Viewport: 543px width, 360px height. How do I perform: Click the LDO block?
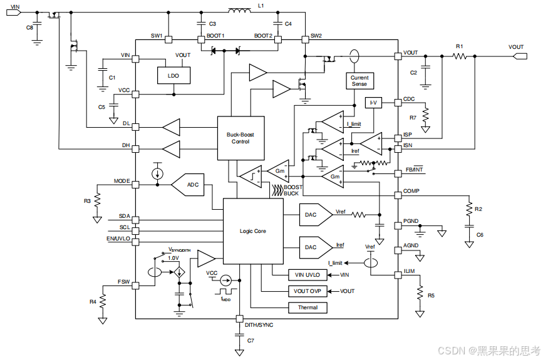tap(173, 76)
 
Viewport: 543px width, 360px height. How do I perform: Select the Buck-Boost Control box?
tap(240, 138)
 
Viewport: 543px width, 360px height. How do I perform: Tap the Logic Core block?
tap(253, 231)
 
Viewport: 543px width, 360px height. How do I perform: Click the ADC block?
tap(188, 185)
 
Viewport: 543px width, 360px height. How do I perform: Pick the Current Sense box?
tap(359, 81)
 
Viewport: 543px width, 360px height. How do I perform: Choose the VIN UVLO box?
tap(308, 275)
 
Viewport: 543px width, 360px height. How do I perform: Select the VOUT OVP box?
tap(308, 291)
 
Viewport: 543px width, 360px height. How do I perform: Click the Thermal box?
tap(308, 307)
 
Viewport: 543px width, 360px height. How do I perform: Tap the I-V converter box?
tap(373, 103)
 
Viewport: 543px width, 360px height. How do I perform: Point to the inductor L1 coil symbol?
tap(239, 11)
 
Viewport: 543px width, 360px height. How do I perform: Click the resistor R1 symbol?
tap(460, 56)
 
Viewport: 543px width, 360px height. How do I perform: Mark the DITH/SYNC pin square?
tap(239, 319)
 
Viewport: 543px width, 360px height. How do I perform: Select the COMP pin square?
tap(398, 195)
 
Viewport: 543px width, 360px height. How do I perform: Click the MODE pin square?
tap(135, 185)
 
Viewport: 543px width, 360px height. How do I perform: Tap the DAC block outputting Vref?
tap(316, 215)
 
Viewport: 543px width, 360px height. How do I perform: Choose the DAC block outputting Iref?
tap(316, 247)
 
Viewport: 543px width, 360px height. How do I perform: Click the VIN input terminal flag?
tap(14, 13)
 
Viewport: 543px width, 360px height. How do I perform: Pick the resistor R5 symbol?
tap(420, 292)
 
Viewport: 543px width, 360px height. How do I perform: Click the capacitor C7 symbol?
tap(239, 336)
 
